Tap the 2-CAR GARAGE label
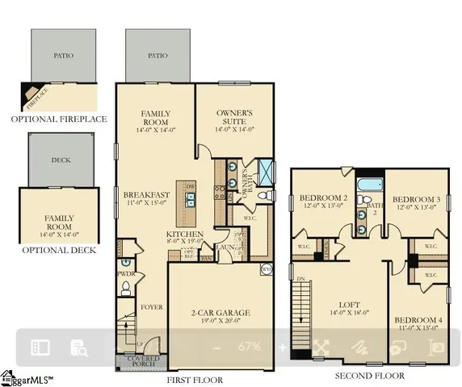click(x=208, y=312)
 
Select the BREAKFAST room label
click(x=145, y=194)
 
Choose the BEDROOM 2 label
click(x=323, y=198)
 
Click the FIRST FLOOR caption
click(x=194, y=377)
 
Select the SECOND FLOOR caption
click(x=372, y=376)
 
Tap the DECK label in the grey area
click(x=61, y=160)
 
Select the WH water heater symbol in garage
click(x=266, y=270)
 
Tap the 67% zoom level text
click(x=248, y=347)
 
